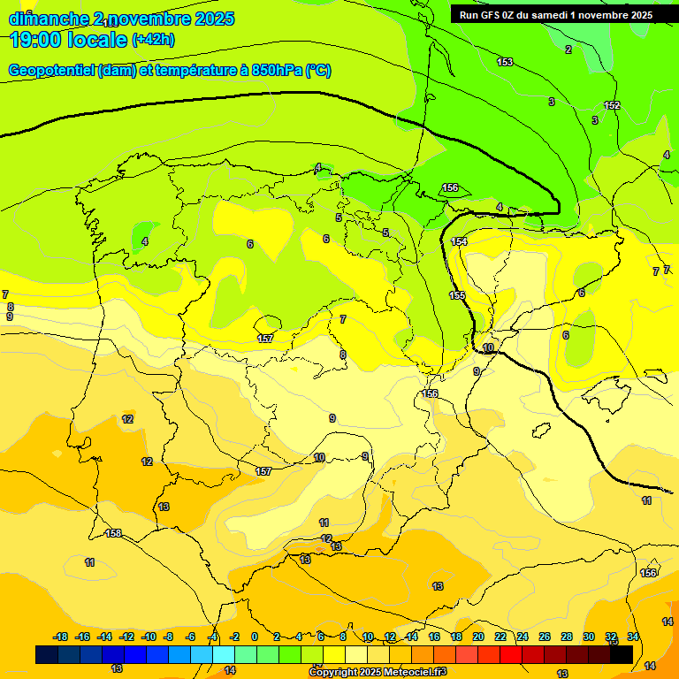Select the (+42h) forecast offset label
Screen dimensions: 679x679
coord(153,40)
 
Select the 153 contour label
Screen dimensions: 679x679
coord(505,62)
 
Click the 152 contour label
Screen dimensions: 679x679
coord(612,105)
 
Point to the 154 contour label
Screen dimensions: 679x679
coord(459,241)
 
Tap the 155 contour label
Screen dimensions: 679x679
coord(456,295)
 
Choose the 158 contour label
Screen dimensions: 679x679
coord(113,533)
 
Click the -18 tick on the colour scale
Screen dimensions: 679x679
coord(60,637)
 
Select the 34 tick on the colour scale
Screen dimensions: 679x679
coord(633,637)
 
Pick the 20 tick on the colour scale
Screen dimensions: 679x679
coord(478,637)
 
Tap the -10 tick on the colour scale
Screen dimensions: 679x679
coord(149,637)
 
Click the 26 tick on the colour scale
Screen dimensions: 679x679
coord(545,637)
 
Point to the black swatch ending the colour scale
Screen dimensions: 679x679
coord(622,654)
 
